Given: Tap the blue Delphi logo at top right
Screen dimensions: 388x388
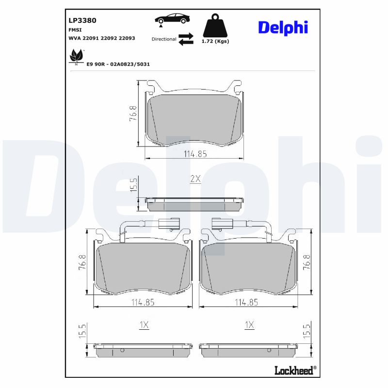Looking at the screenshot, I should pyautogui.click(x=283, y=28).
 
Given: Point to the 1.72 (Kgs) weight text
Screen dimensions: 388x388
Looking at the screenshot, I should pyautogui.click(x=215, y=41).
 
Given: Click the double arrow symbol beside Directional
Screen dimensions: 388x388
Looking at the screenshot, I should pyautogui.click(x=186, y=39).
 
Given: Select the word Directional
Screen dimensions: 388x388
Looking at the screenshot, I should pyautogui.click(x=163, y=39).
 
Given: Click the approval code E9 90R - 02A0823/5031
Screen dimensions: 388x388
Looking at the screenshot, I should pyautogui.click(x=118, y=64).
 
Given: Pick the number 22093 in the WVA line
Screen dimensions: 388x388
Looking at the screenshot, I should pyautogui.click(x=127, y=38).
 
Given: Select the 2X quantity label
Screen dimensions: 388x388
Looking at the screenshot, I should pyautogui.click(x=195, y=179).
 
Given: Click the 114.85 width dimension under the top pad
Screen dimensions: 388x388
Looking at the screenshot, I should pyautogui.click(x=195, y=154).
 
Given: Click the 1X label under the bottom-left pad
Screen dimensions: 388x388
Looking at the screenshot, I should pyautogui.click(x=144, y=325).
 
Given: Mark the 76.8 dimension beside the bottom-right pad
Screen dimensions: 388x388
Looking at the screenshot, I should pyautogui.click(x=307, y=262).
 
